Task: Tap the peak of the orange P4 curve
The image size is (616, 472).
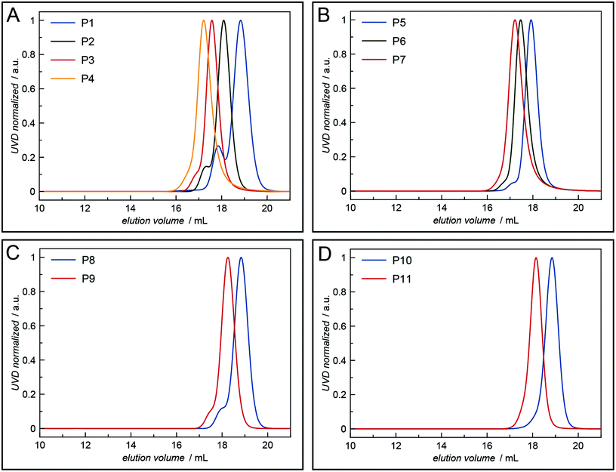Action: (x=204, y=21)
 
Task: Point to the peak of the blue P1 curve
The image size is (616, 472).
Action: (x=241, y=21)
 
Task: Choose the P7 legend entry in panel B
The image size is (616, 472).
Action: (x=399, y=60)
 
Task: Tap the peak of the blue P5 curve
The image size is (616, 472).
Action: (x=531, y=21)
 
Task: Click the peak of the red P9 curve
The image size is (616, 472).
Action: (x=228, y=258)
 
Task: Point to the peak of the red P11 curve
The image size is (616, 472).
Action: (x=536, y=258)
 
